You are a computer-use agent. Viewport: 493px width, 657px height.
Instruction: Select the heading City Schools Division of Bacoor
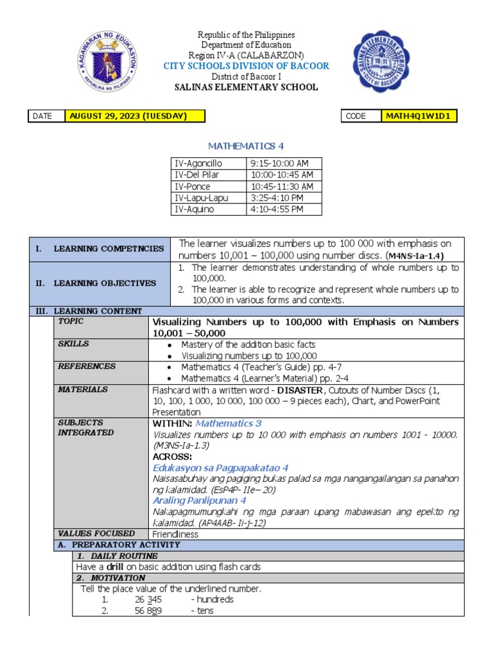246,65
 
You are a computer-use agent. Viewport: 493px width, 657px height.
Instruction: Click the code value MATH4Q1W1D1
420,116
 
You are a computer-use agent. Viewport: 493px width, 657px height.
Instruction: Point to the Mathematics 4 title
246,146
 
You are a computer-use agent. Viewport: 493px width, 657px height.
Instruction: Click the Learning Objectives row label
104,283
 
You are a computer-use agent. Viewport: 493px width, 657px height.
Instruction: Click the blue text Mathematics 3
229,423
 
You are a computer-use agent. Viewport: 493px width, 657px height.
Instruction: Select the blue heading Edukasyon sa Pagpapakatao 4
220,468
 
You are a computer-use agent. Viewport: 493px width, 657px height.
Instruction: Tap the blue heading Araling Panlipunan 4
200,500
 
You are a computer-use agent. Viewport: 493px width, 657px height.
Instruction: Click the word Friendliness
175,534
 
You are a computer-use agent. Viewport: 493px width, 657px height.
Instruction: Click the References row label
87,366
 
